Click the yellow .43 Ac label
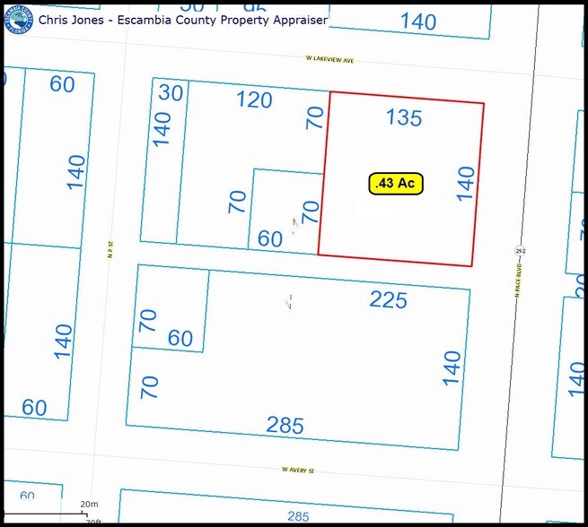[x=396, y=183]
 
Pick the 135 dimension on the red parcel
[x=404, y=117]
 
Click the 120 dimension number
[x=254, y=99]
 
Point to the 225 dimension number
[x=389, y=300]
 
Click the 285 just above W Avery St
[x=285, y=426]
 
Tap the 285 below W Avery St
[x=298, y=516]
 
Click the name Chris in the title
[x=57, y=19]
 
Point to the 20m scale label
[x=88, y=505]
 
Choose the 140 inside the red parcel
[x=464, y=184]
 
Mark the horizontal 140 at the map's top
[x=418, y=21]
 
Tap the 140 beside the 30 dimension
[x=162, y=129]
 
